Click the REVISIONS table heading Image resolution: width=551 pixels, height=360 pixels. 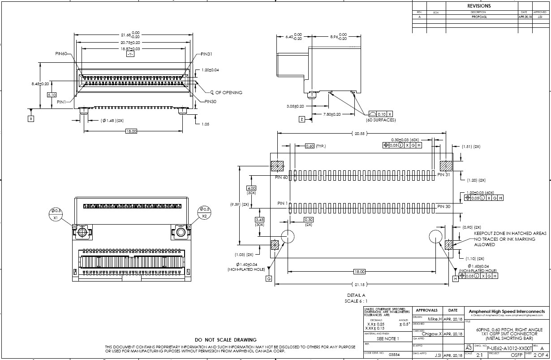[479, 6]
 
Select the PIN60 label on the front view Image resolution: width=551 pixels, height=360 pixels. [61, 54]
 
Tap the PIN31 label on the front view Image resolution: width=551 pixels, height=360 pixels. [207, 54]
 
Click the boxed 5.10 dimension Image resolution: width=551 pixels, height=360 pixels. [52, 95]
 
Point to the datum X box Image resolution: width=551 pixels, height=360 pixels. [31, 119]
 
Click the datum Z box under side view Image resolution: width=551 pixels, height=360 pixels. [302, 119]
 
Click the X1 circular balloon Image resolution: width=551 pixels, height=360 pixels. [56, 213]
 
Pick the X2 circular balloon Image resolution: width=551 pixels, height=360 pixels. [204, 213]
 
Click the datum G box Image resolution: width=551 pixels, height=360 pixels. [269, 278]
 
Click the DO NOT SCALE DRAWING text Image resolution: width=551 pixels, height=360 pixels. [226, 340]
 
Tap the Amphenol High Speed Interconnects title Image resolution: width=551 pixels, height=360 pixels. [507, 311]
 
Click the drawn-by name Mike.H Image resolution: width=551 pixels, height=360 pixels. [433, 319]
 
